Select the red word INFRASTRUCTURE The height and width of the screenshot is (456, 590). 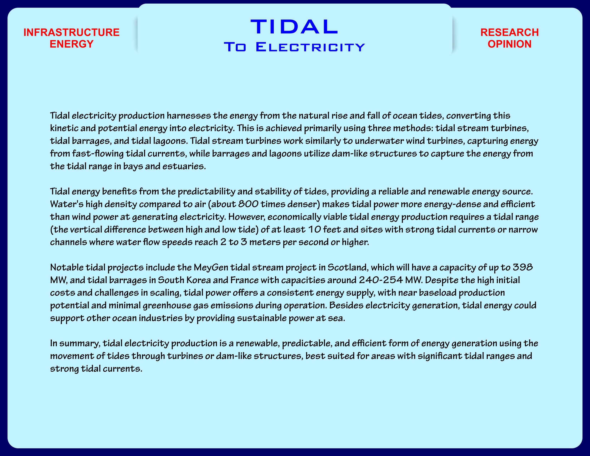(72, 32)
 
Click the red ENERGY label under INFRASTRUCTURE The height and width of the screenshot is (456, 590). (72, 44)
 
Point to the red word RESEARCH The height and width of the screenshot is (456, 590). (510, 32)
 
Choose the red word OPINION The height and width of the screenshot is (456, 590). (510, 44)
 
